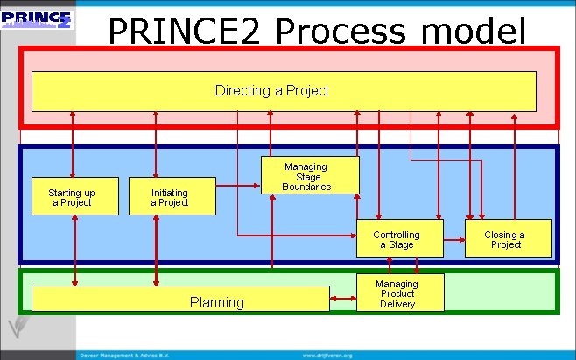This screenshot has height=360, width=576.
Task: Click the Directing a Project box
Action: [x=284, y=91]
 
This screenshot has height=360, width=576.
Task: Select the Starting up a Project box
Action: [x=72, y=198]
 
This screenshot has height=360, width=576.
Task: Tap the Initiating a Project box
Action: [x=170, y=198]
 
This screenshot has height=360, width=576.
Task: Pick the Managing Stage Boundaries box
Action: [x=310, y=175]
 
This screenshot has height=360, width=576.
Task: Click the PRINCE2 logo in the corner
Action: [x=38, y=19]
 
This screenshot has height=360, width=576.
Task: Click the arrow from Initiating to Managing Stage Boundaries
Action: [x=238, y=186]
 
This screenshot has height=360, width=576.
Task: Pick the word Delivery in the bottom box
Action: [x=397, y=304]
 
